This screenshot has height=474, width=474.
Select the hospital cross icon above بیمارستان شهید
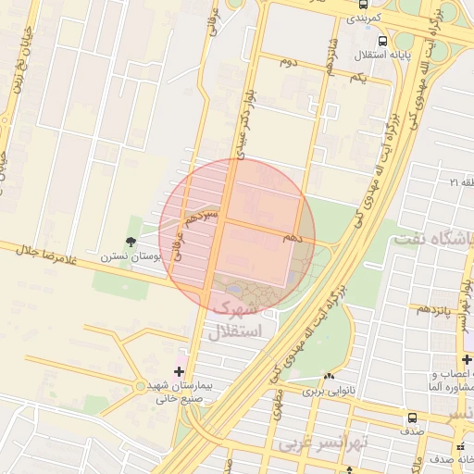(x=179, y=371)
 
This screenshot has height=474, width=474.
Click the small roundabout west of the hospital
(x=140, y=385)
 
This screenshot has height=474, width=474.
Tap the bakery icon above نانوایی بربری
(x=329, y=376)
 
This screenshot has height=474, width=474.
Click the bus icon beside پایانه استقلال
(x=383, y=40)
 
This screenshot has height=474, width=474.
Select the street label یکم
(x=358, y=78)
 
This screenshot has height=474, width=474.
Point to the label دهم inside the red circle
(x=295, y=237)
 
